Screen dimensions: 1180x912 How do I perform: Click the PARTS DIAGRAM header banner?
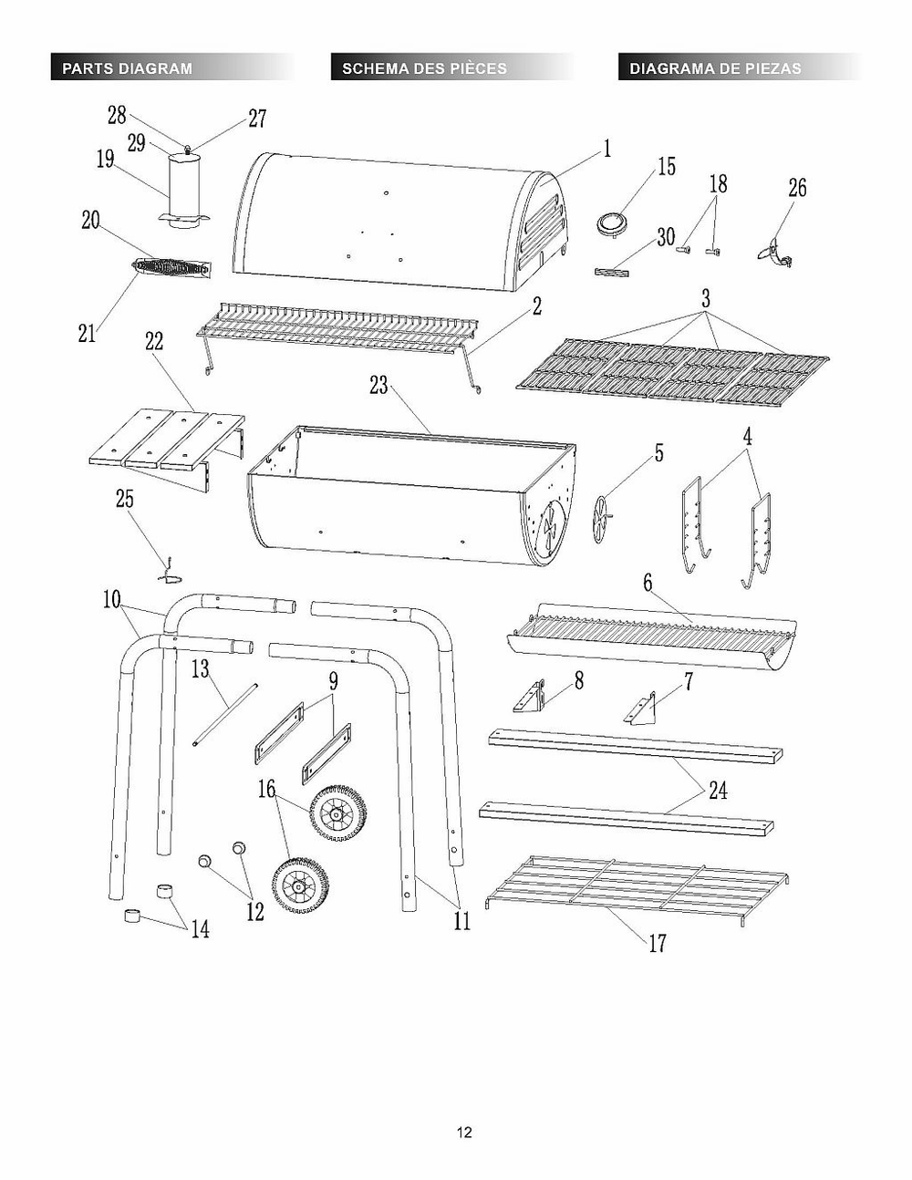[x=128, y=68]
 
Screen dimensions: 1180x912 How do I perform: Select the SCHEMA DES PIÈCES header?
[x=424, y=68]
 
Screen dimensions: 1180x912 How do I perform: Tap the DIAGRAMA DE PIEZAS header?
[x=715, y=68]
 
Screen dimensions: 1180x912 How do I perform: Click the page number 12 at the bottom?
[x=464, y=1133]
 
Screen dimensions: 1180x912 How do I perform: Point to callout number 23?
[x=378, y=386]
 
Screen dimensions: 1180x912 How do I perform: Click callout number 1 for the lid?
[x=606, y=148]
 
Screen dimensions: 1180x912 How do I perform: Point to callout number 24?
[x=719, y=790]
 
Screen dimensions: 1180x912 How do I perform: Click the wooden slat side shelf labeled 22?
[x=169, y=442]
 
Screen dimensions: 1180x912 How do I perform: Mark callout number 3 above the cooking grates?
[x=705, y=299]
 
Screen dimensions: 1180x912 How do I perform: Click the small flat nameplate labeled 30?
[x=612, y=270]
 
